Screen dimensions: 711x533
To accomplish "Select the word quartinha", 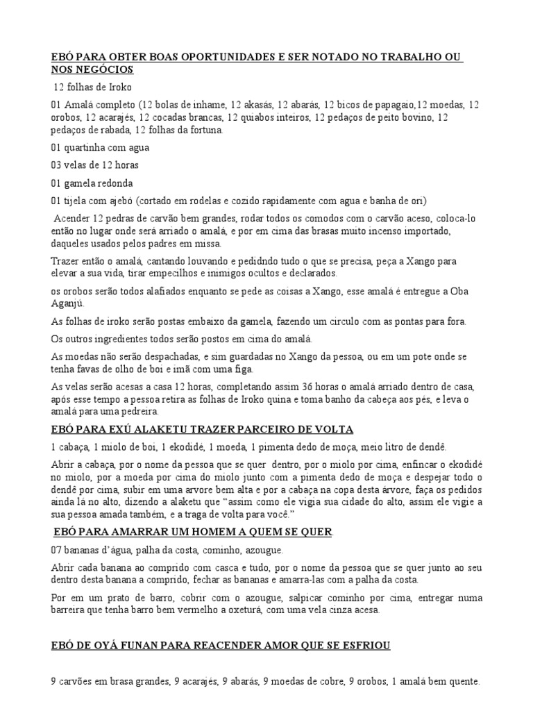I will click(x=91, y=147).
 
